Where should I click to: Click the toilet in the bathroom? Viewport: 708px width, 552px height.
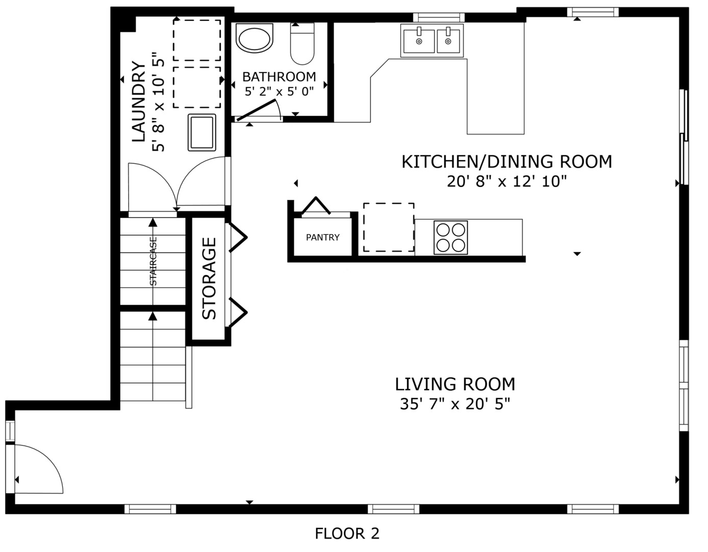pos(302,43)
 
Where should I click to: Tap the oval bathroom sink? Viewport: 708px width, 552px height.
pos(255,38)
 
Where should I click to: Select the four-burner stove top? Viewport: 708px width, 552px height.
pos(451,238)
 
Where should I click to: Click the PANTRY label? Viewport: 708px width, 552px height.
pos(323,237)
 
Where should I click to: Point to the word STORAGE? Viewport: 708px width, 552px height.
pos(209,278)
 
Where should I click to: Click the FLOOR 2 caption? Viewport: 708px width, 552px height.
pos(347,534)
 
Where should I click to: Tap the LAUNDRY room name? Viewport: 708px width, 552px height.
pos(138,102)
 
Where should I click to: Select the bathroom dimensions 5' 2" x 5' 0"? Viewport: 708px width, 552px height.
pos(279,91)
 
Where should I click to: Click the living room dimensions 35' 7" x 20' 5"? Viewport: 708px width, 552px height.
pos(455,404)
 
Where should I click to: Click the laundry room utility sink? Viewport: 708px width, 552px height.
pos(202,132)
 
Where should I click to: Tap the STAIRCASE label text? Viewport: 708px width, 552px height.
pos(153,261)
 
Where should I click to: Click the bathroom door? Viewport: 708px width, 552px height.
pos(256,110)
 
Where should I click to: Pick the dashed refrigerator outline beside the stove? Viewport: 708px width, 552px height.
pos(388,227)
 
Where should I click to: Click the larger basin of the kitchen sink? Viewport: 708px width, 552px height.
pos(419,41)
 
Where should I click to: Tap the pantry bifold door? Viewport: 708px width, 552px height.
pos(316,206)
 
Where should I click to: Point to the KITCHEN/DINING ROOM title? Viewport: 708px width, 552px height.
pos(507,162)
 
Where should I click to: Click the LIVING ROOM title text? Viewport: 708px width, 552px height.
pos(455,384)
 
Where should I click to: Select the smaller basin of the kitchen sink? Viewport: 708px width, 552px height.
pos(448,41)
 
